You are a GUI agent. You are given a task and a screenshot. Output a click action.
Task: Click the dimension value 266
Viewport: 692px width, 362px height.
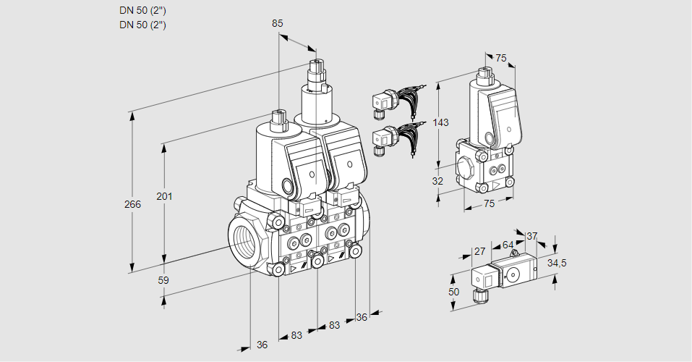point(132,205)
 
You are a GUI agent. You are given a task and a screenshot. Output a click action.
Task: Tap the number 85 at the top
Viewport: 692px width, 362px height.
point(277,23)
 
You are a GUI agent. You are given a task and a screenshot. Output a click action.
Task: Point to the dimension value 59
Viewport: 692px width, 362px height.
point(163,279)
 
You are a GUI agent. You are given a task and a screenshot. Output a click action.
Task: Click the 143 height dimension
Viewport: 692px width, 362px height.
point(441,122)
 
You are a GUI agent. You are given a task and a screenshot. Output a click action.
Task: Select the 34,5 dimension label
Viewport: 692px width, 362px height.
point(556,263)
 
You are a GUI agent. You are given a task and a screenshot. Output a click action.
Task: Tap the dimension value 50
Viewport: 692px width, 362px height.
point(453,291)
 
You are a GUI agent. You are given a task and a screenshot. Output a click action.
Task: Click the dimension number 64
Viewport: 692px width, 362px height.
point(508,245)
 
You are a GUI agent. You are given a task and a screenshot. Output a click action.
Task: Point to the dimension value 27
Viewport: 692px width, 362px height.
point(479,251)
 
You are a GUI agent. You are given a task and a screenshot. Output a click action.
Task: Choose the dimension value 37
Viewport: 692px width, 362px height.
point(532,236)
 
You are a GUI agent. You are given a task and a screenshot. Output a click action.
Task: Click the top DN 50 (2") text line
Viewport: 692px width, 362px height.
point(142,10)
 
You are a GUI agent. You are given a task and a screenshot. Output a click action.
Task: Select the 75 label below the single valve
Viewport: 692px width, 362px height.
point(489,204)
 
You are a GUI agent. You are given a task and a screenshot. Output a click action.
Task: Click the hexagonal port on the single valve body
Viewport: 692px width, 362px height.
point(466,169)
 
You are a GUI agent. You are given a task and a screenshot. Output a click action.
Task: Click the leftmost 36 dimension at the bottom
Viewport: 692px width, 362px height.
point(262,345)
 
